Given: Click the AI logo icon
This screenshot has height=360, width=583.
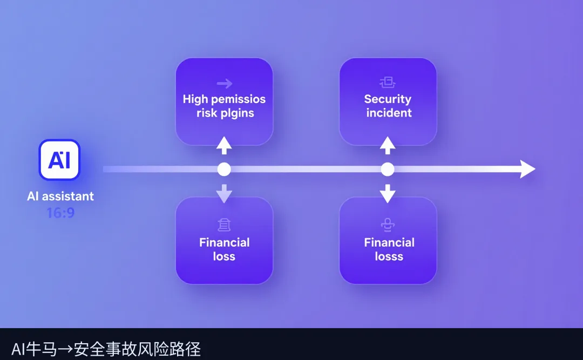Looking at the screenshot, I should (x=59, y=160).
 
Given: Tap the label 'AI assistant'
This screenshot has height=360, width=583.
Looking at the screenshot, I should (x=60, y=196).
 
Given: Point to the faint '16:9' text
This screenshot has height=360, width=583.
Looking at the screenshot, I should (x=60, y=213).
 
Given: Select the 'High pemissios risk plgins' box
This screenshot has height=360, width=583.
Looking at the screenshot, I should (x=224, y=101).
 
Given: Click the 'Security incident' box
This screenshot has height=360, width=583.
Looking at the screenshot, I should (x=388, y=101).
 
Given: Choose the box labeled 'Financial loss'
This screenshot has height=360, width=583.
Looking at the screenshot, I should (x=224, y=241).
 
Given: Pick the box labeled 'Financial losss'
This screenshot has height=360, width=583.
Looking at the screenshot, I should (x=388, y=241).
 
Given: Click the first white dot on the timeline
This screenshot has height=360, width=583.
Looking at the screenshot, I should (x=224, y=169).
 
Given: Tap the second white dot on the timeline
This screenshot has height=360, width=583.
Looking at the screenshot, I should (x=388, y=169).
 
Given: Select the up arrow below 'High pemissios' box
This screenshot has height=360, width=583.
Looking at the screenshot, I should (x=224, y=145).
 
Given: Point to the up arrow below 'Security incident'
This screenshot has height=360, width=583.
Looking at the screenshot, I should (x=388, y=145).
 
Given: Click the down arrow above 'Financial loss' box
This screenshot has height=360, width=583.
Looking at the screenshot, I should (x=224, y=193).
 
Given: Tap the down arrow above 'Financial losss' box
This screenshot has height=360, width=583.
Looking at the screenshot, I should (x=388, y=193).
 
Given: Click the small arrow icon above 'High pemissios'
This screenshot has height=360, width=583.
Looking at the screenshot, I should (x=224, y=83).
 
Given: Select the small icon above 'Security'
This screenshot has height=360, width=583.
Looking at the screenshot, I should (x=388, y=83).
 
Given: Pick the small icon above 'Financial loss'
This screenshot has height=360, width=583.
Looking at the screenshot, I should (x=224, y=225).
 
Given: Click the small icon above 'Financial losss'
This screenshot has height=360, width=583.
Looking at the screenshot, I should (x=388, y=225).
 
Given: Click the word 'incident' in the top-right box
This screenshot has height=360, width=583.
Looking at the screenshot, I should (x=389, y=113).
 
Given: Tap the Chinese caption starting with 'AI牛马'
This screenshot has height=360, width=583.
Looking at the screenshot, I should (x=106, y=349).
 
